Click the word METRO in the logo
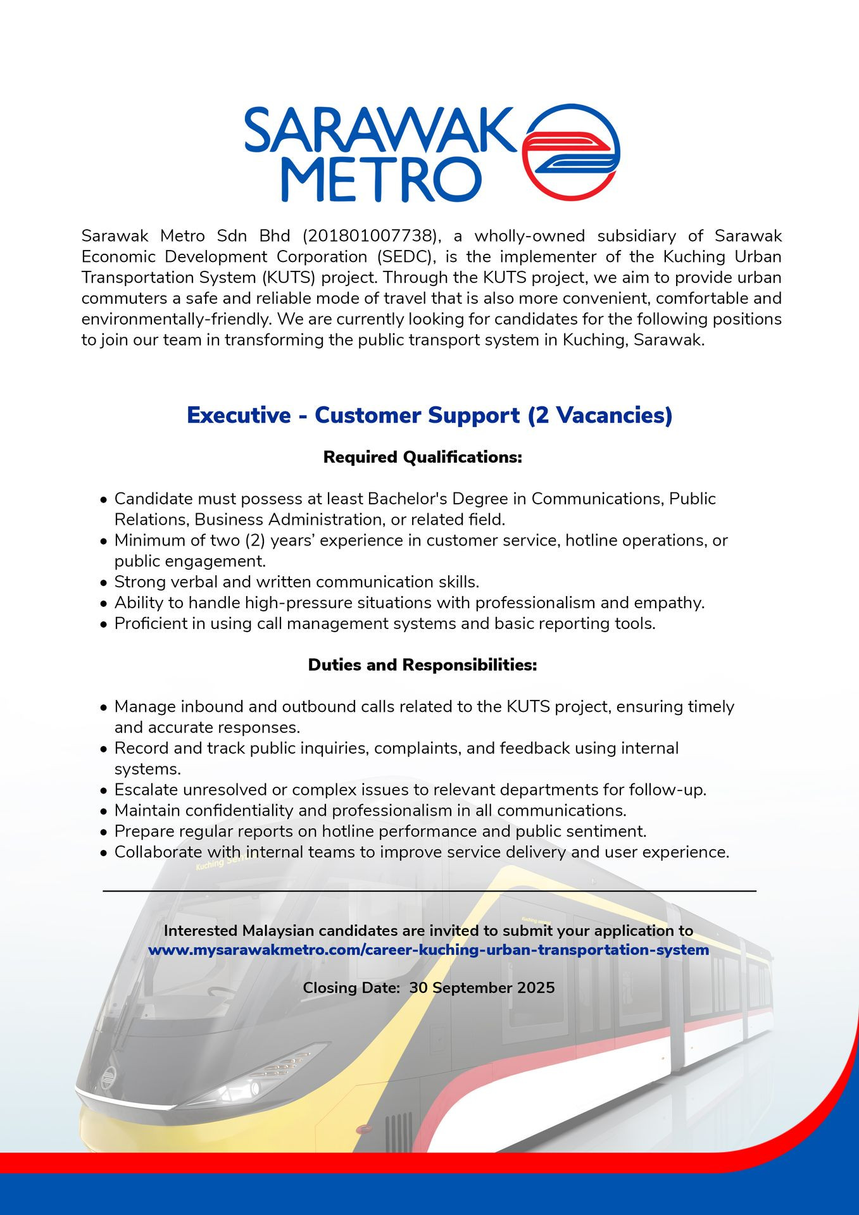(x=380, y=180)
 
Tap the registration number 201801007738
(x=370, y=236)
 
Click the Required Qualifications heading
(x=422, y=457)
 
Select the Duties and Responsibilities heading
(x=422, y=665)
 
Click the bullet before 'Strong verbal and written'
(x=104, y=583)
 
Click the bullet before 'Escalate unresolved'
(x=104, y=791)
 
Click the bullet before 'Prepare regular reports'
(x=104, y=832)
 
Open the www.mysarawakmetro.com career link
(x=429, y=950)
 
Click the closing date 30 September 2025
(x=482, y=988)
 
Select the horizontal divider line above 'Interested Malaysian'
(x=429, y=891)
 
